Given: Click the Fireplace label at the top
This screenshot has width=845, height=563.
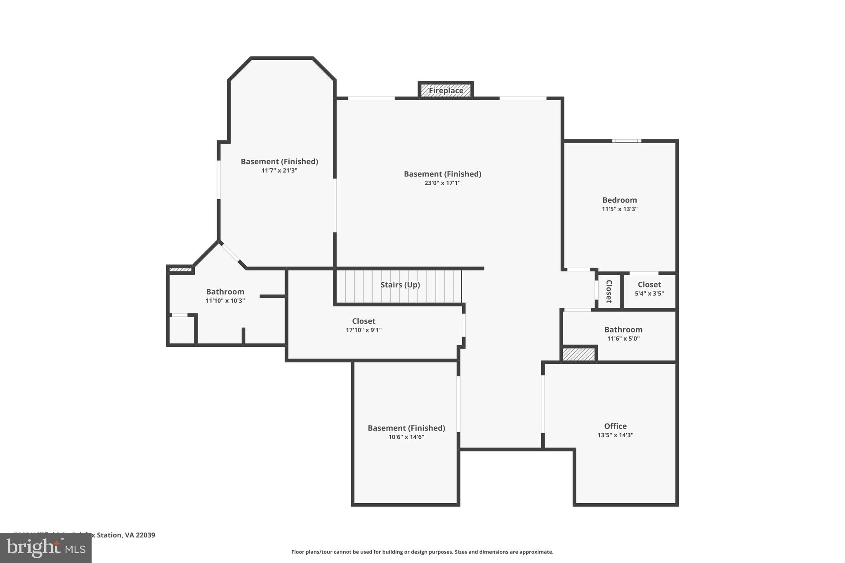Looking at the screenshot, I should (446, 90).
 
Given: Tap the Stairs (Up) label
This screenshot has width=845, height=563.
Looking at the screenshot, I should (400, 285).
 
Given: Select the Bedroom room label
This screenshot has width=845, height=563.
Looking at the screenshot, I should (619, 200).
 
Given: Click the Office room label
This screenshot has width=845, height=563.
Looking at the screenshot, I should (615, 426).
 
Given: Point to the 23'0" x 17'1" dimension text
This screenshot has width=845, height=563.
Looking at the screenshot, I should (442, 183).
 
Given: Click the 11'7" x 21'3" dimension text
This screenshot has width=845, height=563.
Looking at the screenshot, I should (279, 170).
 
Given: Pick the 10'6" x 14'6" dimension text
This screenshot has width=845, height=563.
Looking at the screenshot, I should (406, 437).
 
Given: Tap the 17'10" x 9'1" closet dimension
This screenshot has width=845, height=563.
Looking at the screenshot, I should (363, 330).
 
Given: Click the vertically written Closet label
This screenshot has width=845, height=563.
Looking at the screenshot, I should (609, 291).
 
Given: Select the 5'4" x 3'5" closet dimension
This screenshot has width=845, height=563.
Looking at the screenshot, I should (649, 294).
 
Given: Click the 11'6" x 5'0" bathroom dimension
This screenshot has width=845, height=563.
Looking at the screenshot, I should (623, 339).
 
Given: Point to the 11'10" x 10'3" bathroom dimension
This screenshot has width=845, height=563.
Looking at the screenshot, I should (225, 301).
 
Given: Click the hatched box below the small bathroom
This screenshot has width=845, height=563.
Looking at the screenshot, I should (579, 354).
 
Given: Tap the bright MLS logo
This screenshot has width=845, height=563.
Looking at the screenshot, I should (46, 548).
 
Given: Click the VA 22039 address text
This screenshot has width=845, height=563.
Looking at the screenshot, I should (140, 535).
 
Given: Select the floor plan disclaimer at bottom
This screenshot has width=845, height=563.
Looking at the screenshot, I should (422, 552).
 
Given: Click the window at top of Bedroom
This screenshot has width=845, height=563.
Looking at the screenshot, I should (626, 141).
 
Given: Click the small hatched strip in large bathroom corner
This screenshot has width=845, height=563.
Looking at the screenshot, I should (180, 270).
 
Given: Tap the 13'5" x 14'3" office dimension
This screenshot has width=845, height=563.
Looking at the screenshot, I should (615, 435).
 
